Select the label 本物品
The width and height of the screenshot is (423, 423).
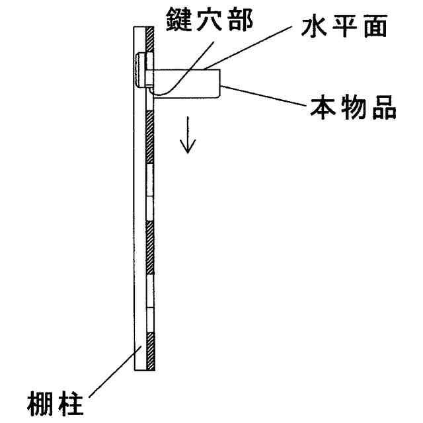click(354, 107)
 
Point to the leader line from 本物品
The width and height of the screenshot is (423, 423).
click(264, 95)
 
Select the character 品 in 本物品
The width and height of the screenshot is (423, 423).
click(383, 107)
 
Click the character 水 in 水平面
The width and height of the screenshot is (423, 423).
click(313, 28)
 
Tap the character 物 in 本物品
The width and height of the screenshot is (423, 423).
click(354, 107)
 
